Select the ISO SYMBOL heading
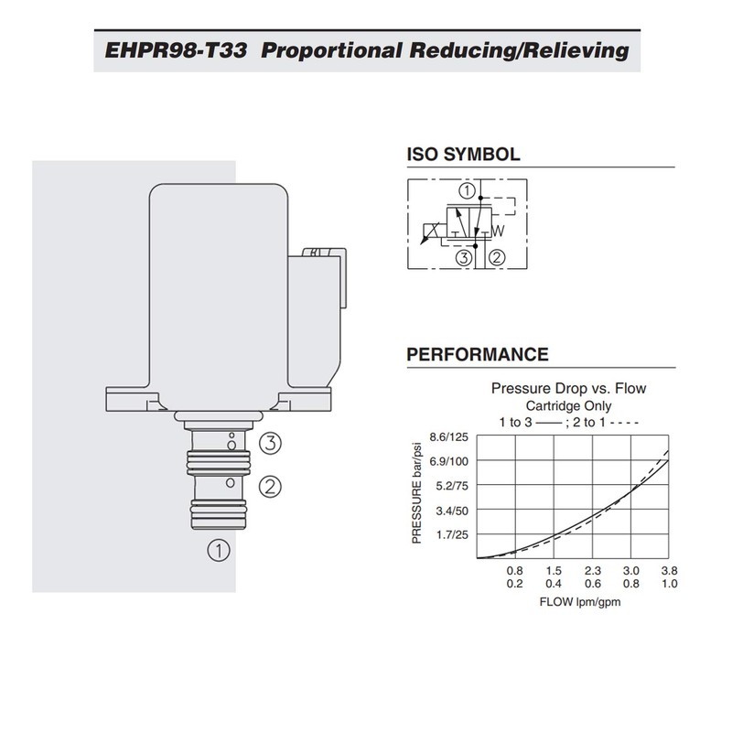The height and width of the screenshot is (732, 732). click(463, 155)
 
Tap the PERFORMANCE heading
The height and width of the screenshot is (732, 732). click(478, 354)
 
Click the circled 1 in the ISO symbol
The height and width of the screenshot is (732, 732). click(467, 191)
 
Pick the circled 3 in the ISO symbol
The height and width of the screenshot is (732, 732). click(465, 257)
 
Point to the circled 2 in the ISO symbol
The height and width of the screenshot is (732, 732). click(496, 257)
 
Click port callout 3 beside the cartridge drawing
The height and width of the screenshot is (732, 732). click(269, 444)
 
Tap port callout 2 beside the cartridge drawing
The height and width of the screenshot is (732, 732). click(269, 486)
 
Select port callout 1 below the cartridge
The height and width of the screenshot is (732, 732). click(218, 550)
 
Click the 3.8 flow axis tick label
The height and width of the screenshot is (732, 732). click(670, 571)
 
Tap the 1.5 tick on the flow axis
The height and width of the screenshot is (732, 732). click(554, 571)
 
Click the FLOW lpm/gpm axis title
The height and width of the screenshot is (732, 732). click(574, 603)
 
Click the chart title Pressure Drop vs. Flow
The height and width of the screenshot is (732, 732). click(568, 388)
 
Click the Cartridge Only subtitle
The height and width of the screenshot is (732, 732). click(568, 405)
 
